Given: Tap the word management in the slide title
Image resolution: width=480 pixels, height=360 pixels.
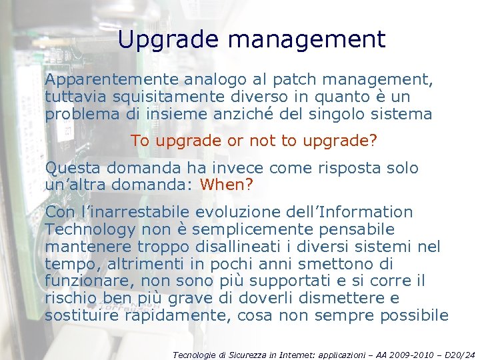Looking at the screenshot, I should [x=306, y=39].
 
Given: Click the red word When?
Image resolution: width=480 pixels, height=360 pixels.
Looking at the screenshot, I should [x=227, y=183].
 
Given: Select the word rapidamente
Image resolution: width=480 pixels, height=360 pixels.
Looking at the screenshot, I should [x=165, y=315].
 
